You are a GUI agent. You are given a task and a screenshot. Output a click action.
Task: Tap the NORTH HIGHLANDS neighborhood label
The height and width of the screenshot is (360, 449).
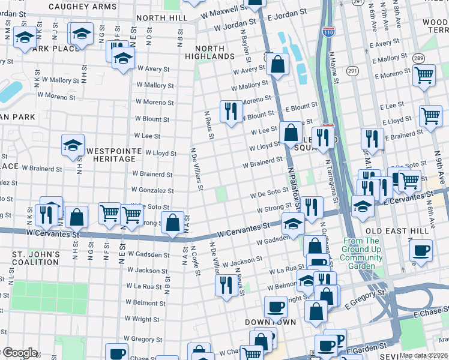pyautogui.click(x=214, y=52)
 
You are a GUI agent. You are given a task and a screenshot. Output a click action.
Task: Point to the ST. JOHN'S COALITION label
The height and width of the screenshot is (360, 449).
pyautogui.click(x=36, y=258)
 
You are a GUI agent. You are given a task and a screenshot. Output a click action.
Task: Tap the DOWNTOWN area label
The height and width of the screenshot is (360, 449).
pyautogui.click(x=270, y=322)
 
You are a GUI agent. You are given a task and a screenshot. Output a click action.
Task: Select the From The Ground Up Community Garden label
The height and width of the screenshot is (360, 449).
pyautogui.click(x=362, y=253)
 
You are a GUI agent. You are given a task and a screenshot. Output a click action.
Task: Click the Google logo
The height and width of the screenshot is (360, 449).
pyautogui.click(x=20, y=353)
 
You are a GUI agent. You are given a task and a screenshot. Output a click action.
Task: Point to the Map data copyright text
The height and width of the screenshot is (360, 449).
pyautogui.click(x=424, y=355)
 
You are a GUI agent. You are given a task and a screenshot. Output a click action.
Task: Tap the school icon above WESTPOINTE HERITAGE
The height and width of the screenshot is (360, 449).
pyautogui.click(x=73, y=145)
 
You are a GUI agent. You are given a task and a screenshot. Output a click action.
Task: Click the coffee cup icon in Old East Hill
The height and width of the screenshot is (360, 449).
pyautogui.click(x=421, y=250)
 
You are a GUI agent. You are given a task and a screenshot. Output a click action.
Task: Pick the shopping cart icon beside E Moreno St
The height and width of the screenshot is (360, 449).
pyautogui.click(x=424, y=75)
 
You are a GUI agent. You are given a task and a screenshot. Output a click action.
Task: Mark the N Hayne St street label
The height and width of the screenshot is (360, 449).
pyautogui.click(x=333, y=67)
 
